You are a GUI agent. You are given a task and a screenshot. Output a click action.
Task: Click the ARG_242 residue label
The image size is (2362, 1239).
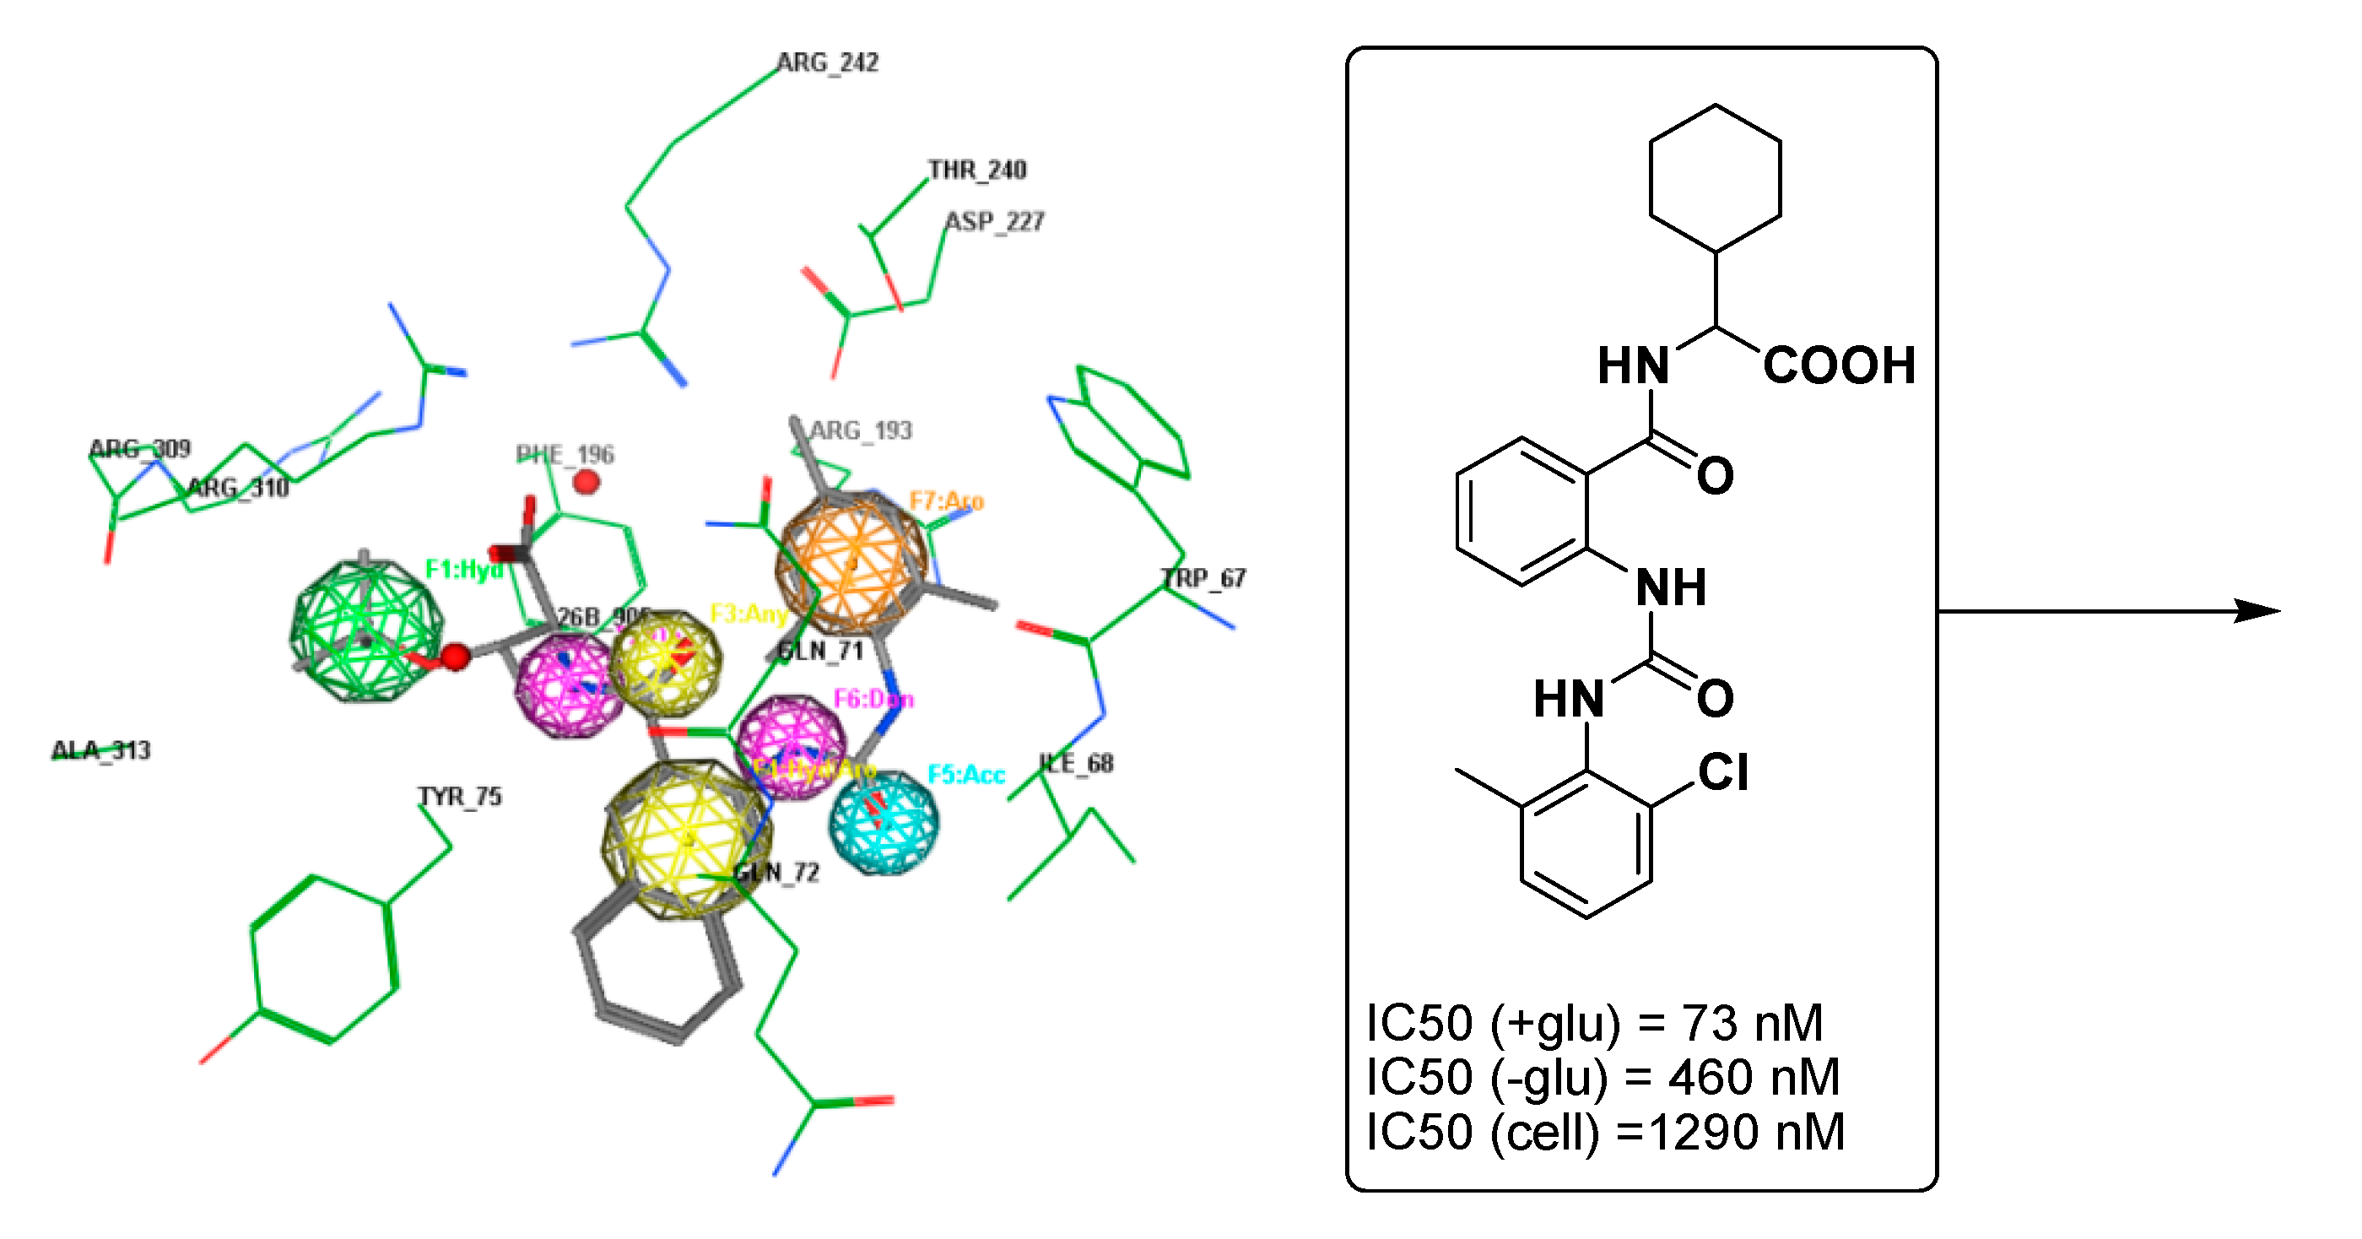click(x=827, y=62)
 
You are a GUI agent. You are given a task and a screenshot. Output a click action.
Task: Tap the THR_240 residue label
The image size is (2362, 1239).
click(x=976, y=170)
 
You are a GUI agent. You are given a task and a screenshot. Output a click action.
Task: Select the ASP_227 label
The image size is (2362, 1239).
click(x=995, y=221)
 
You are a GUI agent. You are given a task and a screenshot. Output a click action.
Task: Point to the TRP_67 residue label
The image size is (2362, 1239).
click(x=1203, y=578)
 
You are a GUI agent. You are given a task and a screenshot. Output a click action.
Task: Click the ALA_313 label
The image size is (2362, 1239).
click(x=101, y=750)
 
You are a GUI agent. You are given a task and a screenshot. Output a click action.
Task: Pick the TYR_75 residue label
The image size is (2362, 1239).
click(x=460, y=796)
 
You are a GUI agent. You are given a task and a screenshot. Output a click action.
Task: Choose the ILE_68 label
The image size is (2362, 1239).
click(x=1077, y=763)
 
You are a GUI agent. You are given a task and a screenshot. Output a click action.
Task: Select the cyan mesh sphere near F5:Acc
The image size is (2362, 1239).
click(x=884, y=822)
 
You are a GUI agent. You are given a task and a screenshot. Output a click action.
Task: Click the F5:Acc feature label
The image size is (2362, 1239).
click(x=966, y=775)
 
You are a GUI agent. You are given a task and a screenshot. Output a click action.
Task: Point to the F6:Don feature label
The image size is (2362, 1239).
click(x=873, y=700)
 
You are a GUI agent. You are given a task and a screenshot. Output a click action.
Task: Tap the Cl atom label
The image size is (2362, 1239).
click(x=1723, y=772)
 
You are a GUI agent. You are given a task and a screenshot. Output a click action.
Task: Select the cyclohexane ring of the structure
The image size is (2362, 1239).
click(x=1715, y=178)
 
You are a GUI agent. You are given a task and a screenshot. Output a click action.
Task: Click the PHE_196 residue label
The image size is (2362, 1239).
click(x=565, y=454)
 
